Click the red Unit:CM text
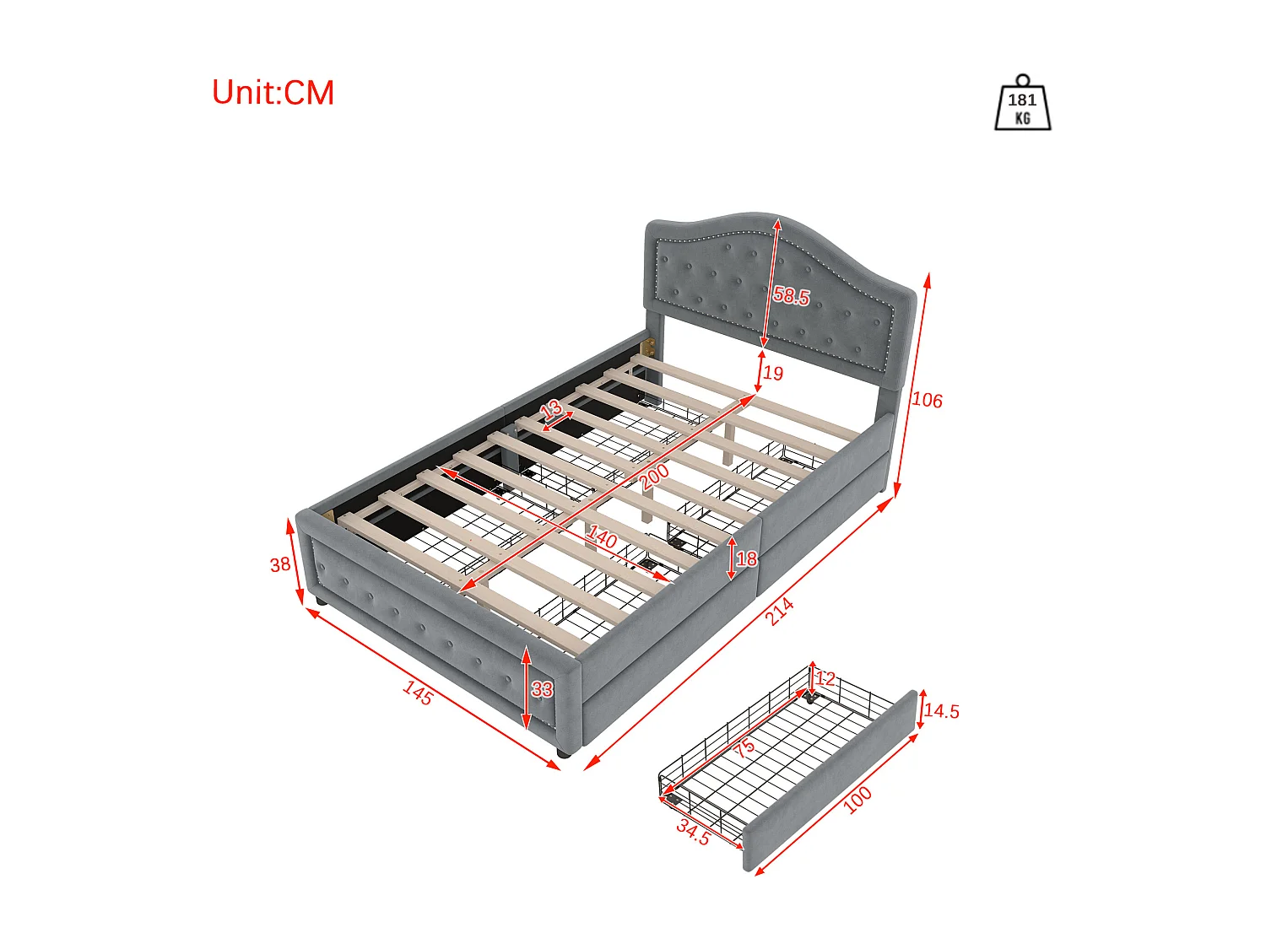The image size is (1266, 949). pos(273,92)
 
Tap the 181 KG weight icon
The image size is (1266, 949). pos(1022,103)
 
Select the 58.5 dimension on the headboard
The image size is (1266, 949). pos(792,295)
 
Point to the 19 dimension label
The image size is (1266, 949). pos(773,374)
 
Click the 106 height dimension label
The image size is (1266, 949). pos(926,400)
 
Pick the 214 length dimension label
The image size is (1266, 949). pos(779,612)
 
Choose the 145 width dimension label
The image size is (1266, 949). pos(418,693)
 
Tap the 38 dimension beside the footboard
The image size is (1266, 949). pos(280,564)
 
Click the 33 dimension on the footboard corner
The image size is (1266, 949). pos(542,689)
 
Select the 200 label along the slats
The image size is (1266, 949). pos(655,477)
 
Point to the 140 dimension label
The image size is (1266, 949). pos(602,537)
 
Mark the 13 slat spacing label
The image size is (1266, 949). pos(551,409)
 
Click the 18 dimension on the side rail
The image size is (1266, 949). pos(746,558)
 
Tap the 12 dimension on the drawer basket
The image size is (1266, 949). pos(825,678)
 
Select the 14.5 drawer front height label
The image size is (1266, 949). pos(941,710)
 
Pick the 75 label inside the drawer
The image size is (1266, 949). pos(744,747)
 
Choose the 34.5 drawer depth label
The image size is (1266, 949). pos(693,833)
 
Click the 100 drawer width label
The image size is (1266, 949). pos(858,800)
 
